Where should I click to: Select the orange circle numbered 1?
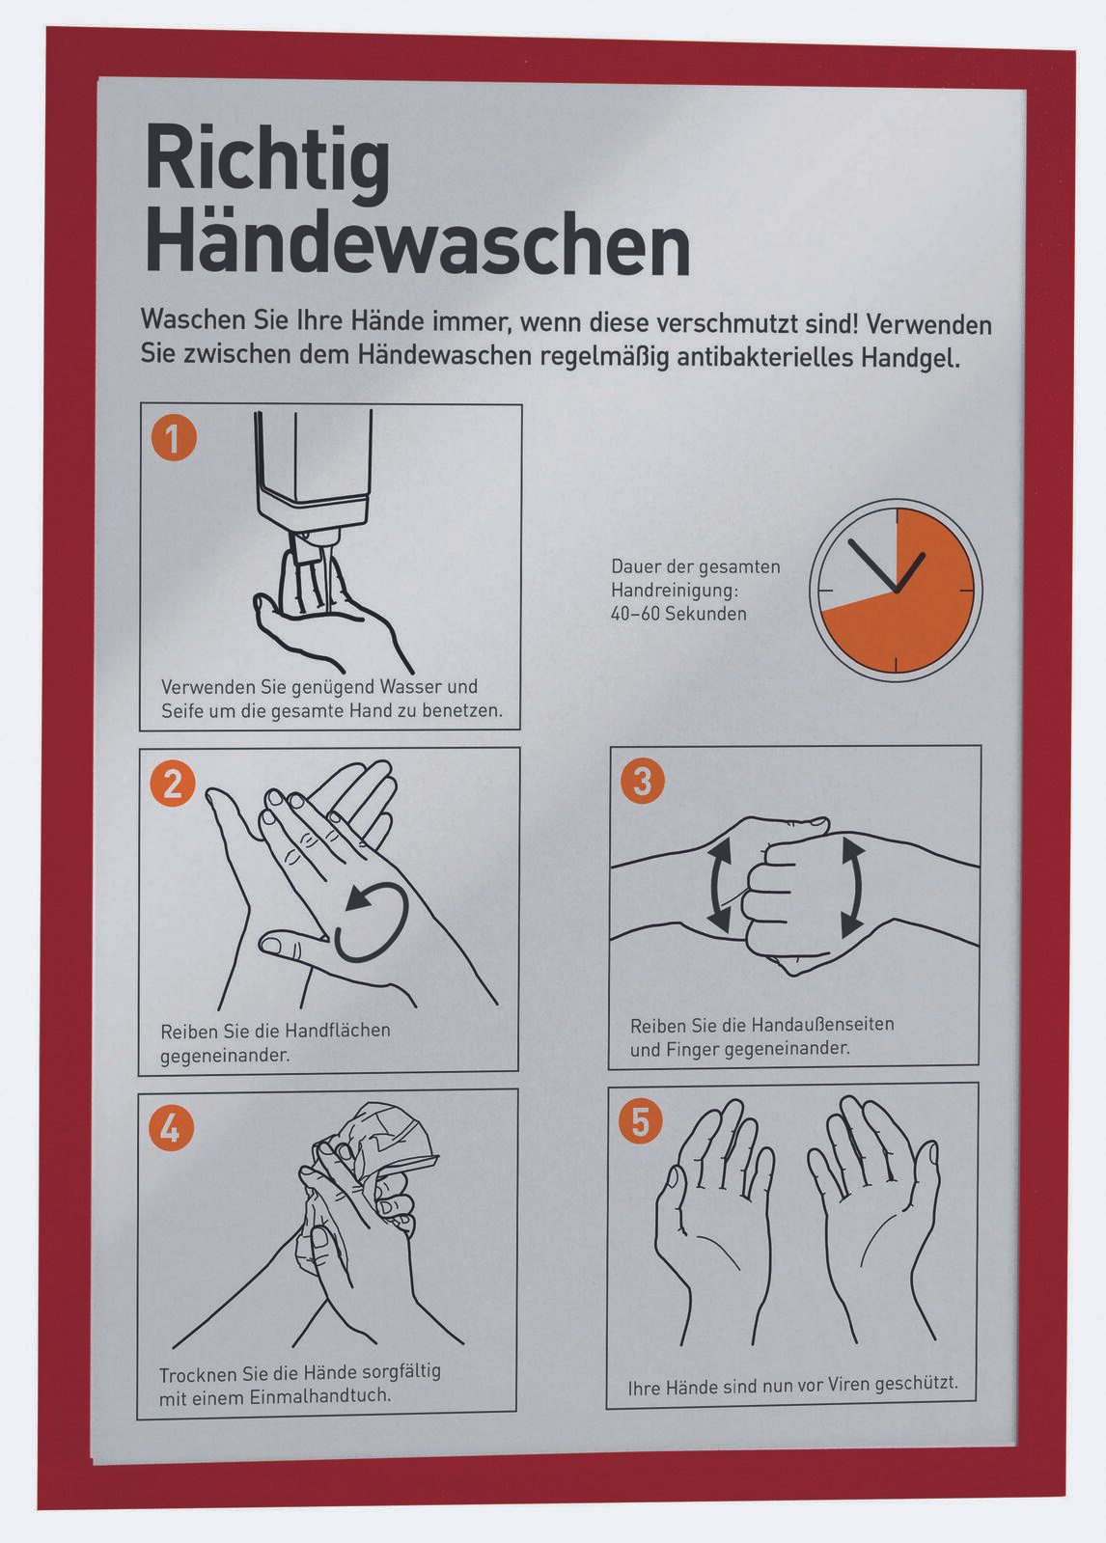pyautogui.click(x=174, y=438)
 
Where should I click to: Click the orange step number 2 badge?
pyautogui.click(x=173, y=784)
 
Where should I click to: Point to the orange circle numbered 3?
pyautogui.click(x=642, y=781)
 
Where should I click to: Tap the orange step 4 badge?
pyautogui.click(x=170, y=1128)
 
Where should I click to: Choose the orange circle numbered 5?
pyautogui.click(x=640, y=1121)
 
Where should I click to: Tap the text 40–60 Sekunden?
pyautogui.click(x=678, y=614)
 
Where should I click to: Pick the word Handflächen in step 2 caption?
pyautogui.click(x=338, y=1031)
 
